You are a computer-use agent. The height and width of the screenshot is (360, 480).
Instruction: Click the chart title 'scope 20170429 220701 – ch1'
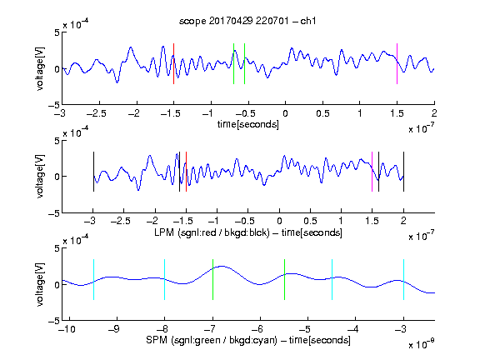(247, 21)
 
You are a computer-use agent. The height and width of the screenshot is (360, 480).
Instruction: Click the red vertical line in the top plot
(173, 63)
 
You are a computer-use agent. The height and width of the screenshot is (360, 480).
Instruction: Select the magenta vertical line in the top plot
(397, 63)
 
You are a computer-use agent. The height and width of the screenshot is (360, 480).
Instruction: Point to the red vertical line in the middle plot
(186, 172)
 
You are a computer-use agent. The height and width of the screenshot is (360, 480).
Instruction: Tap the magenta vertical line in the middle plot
(372, 172)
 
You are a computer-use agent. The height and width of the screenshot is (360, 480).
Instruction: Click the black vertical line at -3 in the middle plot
(93, 172)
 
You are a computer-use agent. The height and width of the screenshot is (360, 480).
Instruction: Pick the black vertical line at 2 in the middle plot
(403, 172)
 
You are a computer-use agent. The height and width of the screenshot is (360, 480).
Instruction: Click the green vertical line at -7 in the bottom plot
(212, 279)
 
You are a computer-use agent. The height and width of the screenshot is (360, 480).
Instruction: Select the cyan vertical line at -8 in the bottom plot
(165, 279)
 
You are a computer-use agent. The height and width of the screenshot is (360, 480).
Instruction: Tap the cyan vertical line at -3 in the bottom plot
(403, 279)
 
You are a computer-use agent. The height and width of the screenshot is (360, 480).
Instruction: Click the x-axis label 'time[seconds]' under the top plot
(248, 124)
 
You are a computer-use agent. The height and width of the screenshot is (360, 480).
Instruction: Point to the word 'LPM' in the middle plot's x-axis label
(164, 232)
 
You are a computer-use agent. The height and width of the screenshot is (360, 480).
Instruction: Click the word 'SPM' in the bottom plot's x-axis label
(157, 340)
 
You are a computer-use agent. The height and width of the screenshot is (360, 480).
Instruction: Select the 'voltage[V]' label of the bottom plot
(40, 284)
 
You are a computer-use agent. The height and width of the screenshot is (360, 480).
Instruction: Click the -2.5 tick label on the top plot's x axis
(97, 113)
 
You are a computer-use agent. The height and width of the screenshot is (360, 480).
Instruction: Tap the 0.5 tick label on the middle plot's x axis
(310, 221)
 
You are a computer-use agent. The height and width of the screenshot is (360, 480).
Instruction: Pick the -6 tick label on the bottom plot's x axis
(259, 329)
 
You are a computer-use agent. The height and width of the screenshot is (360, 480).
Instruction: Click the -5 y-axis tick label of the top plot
(54, 105)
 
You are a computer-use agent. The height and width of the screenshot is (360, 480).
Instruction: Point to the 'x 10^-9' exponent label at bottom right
(422, 344)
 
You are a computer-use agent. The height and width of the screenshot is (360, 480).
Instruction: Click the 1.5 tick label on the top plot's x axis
(397, 113)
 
